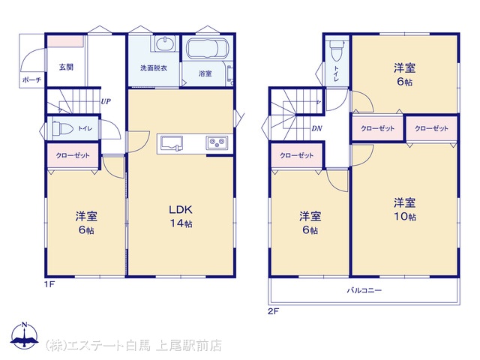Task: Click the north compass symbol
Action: click(x=25, y=335)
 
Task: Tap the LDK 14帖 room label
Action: click(x=181, y=217)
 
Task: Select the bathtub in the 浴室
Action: click(x=208, y=48)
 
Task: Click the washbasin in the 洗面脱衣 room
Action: click(x=165, y=43)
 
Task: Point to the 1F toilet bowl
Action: click(x=62, y=128)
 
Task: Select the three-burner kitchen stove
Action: click(x=217, y=142)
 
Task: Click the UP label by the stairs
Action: click(x=106, y=101)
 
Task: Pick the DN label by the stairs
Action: click(x=316, y=128)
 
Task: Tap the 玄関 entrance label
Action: click(x=66, y=67)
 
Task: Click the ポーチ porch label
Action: click(x=31, y=80)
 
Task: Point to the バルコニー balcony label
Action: click(x=364, y=290)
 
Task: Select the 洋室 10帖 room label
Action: click(x=405, y=210)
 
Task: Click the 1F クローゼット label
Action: click(x=73, y=155)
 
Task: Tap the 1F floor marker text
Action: click(x=49, y=284)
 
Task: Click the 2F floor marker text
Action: click(x=273, y=312)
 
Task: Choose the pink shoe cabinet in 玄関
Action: click(x=65, y=42)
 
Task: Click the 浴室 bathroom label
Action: click(x=205, y=73)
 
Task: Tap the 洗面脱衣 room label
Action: click(x=154, y=68)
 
